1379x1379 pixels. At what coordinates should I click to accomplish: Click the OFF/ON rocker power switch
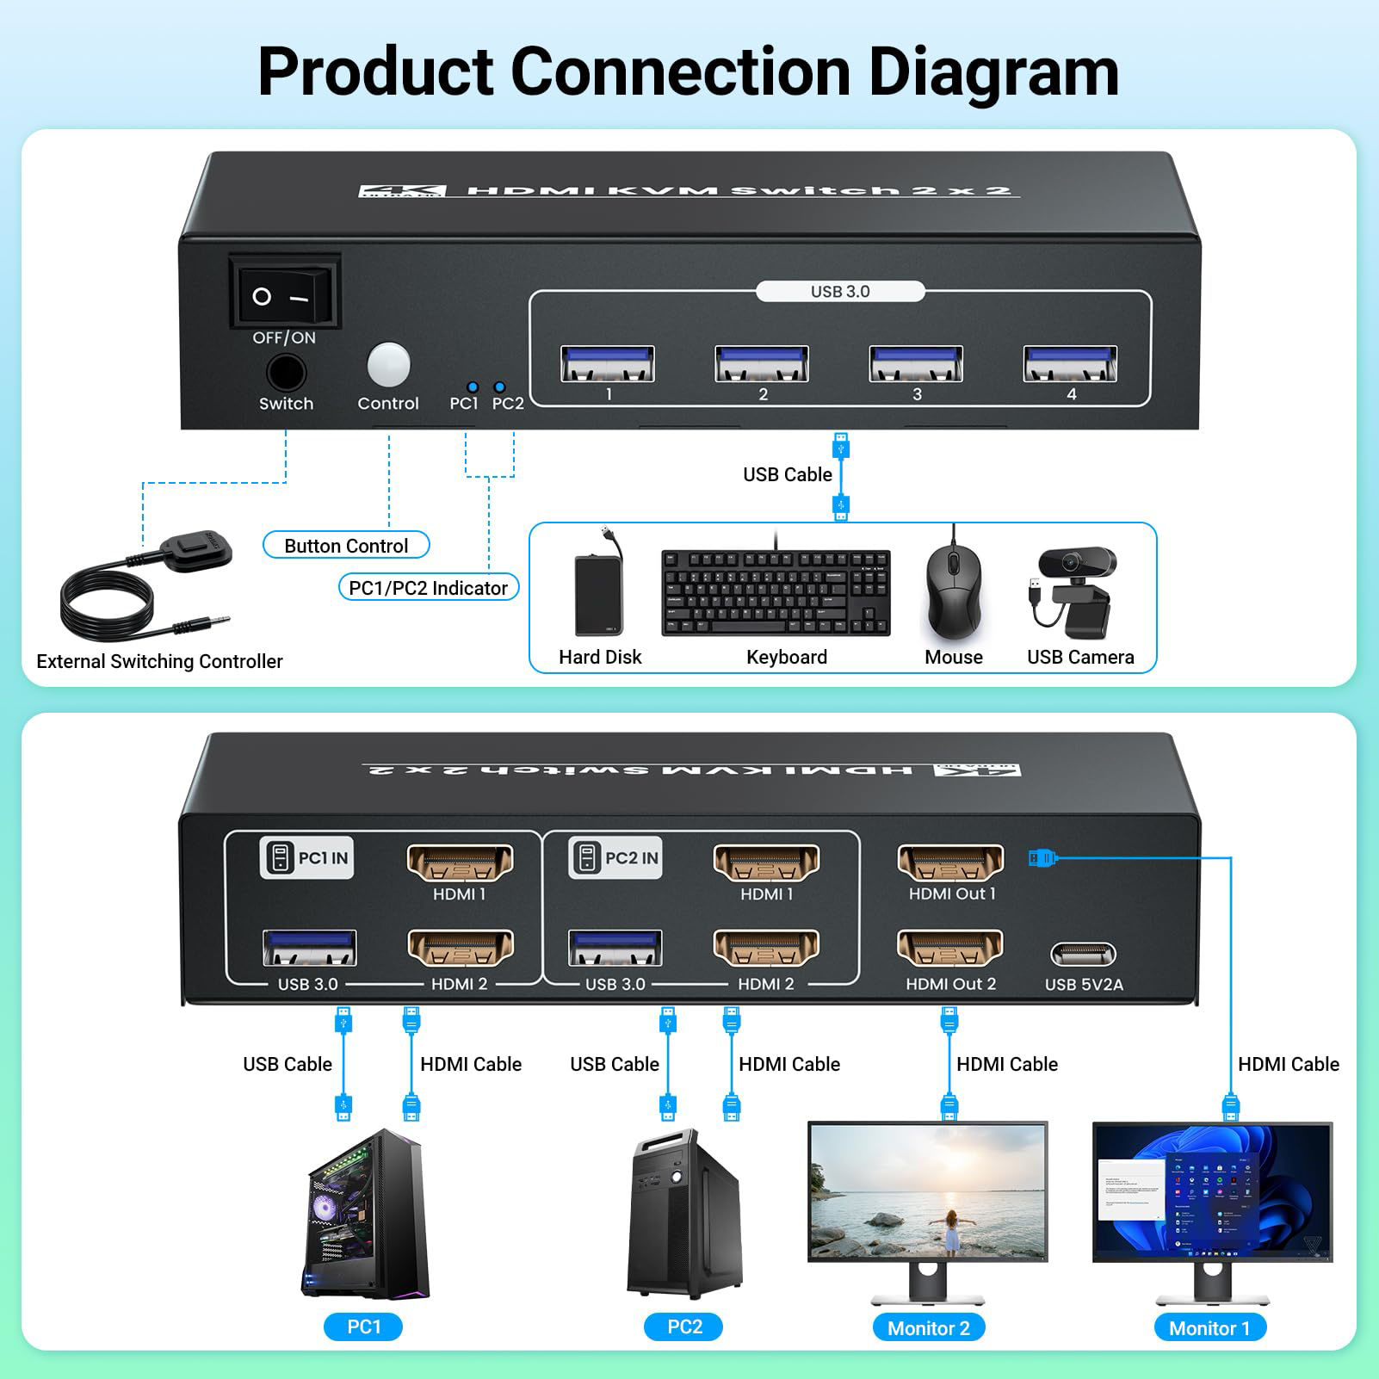click(x=284, y=296)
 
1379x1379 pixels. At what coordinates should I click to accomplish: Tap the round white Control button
click(x=388, y=365)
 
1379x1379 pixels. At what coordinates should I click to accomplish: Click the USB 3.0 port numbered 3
click(x=916, y=363)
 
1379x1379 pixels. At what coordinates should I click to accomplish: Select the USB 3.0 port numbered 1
click(x=607, y=363)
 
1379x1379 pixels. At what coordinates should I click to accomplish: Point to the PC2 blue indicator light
click(x=499, y=387)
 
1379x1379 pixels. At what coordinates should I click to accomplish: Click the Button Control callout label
click(x=345, y=546)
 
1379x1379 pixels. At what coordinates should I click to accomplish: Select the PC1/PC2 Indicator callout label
click(x=428, y=588)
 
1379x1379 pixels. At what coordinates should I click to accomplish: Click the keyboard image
click(x=776, y=592)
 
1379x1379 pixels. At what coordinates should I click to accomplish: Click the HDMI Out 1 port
click(x=950, y=863)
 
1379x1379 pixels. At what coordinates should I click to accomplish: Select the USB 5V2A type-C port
click(x=1083, y=955)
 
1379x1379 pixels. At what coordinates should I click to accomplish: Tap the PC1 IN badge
click(x=306, y=858)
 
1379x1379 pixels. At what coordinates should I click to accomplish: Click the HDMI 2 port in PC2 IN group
click(x=765, y=949)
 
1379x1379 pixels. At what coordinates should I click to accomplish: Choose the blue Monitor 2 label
click(x=928, y=1328)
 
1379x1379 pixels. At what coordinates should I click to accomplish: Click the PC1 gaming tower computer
click(x=366, y=1214)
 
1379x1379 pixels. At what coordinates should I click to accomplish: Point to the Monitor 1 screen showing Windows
click(x=1212, y=1192)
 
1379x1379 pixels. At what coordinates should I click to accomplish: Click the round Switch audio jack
click(x=286, y=374)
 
